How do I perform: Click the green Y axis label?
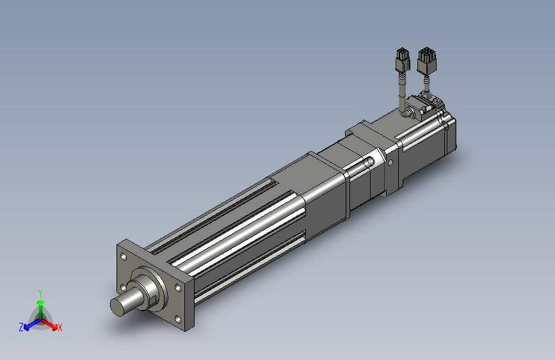(40, 292)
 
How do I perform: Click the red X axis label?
(60, 328)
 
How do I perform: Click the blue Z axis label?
(21, 327)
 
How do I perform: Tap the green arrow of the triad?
(40, 304)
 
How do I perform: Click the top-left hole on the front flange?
(123, 256)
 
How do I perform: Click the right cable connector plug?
(426, 60)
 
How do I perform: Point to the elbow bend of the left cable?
(406, 113)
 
